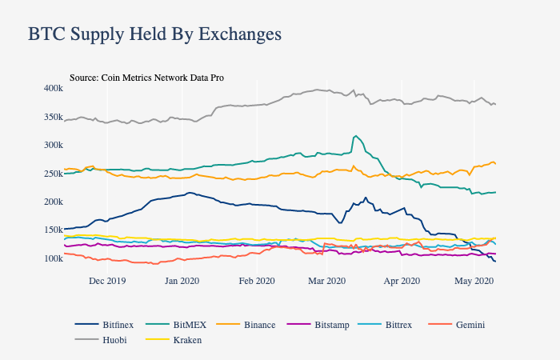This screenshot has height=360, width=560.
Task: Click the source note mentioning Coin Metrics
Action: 146,78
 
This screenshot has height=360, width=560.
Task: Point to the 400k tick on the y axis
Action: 54,87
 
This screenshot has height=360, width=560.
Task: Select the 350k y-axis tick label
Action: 54,117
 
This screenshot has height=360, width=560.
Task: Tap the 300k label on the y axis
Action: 54,145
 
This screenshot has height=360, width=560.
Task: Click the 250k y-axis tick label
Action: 54,174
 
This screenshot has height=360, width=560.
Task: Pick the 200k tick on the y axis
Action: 54,202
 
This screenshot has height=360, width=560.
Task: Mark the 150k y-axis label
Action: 54,230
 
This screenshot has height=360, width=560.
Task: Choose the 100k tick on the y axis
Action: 54,258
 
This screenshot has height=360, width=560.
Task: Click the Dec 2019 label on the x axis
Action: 107,281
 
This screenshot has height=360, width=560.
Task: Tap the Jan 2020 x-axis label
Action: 182,281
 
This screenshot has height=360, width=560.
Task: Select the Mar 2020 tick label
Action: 326,281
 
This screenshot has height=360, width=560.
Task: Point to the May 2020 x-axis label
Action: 474,281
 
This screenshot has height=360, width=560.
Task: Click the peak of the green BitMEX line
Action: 355,136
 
